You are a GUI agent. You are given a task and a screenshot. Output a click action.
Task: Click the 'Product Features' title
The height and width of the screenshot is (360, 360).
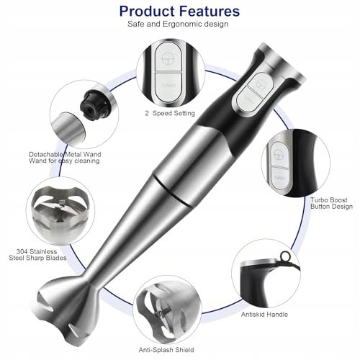(x=179, y=12)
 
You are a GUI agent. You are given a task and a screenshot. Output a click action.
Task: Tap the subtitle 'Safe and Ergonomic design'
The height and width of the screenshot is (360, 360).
(x=178, y=24)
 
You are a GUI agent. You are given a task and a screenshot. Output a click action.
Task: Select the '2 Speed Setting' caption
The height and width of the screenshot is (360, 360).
(x=170, y=113)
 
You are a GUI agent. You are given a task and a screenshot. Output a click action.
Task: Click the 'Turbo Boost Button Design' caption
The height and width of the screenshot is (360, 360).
(x=331, y=203)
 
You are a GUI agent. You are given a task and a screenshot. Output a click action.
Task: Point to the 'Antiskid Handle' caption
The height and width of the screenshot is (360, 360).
(x=264, y=315)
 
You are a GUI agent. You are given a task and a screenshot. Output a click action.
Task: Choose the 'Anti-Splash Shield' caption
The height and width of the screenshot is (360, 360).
(x=166, y=350)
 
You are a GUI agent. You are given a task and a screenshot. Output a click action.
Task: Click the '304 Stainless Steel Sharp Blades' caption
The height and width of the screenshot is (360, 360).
(x=37, y=255)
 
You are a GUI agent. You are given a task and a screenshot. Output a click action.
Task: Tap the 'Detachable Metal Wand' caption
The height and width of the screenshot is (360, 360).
(x=65, y=154)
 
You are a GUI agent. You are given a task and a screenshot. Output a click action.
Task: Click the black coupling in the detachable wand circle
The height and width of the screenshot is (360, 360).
(x=94, y=104)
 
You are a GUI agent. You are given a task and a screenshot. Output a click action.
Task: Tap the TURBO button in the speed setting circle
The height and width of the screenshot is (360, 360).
(x=168, y=86)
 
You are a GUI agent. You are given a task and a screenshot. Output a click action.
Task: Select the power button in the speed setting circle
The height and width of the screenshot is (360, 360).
(x=168, y=58)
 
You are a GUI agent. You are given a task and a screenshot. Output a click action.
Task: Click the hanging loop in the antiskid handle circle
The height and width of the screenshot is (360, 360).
(x=286, y=256)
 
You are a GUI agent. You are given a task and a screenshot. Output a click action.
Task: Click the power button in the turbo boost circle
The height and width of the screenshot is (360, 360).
(x=280, y=153)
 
